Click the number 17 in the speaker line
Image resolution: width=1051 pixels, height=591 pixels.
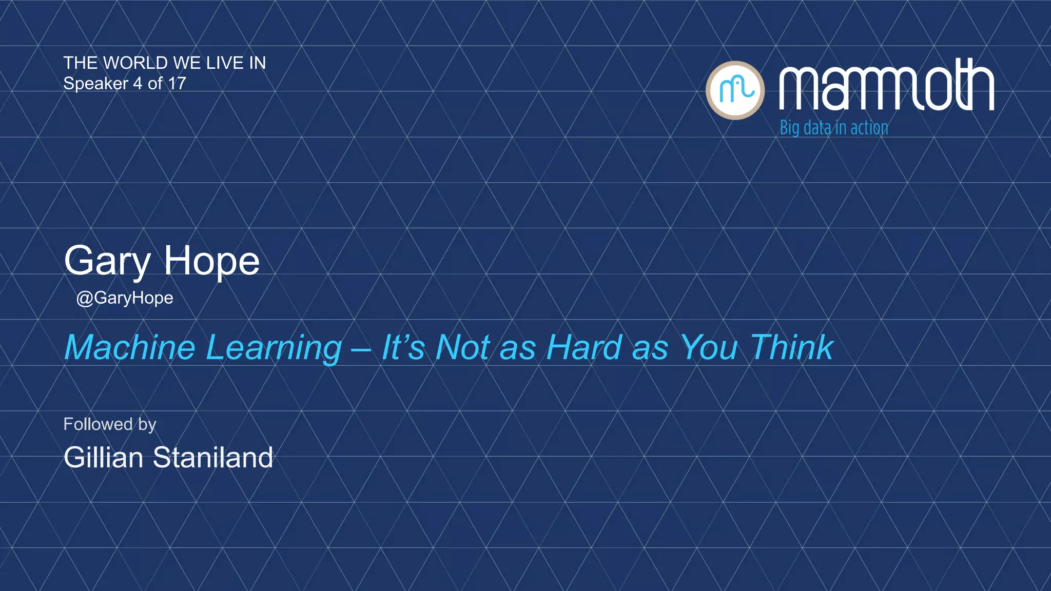pyautogui.click(x=177, y=84)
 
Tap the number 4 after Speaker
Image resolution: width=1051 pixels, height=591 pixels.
pyautogui.click(x=138, y=84)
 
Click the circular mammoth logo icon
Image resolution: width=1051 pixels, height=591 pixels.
pyautogui.click(x=735, y=90)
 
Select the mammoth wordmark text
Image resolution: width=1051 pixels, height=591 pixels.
pyautogui.click(x=886, y=86)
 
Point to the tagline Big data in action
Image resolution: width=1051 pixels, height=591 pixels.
pyautogui.click(x=833, y=128)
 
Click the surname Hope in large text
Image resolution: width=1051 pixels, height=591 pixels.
pyautogui.click(x=211, y=261)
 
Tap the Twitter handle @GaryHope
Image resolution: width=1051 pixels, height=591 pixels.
pyautogui.click(x=125, y=298)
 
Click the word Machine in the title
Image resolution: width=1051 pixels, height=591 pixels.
pyautogui.click(x=130, y=347)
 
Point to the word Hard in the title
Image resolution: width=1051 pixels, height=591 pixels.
pyautogui.click(x=584, y=347)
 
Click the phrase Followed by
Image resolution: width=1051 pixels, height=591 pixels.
pyautogui.click(x=109, y=424)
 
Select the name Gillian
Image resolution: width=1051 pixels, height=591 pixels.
pyautogui.click(x=103, y=457)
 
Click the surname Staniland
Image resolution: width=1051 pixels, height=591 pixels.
pyautogui.click(x=213, y=457)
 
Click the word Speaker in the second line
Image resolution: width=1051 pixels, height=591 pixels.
pyautogui.click(x=95, y=84)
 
